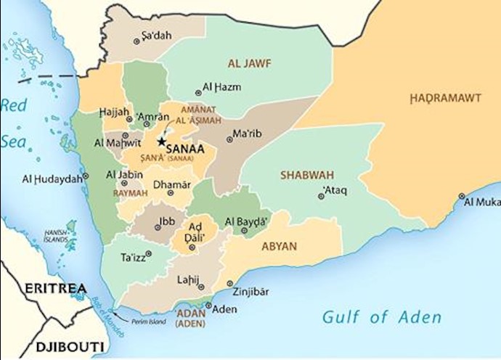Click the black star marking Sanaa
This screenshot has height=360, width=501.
point(161,142)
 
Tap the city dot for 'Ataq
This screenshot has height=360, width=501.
point(320,196)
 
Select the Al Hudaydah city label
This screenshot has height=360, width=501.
point(52,179)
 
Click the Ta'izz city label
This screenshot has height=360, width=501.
point(133,257)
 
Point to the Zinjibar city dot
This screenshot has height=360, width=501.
point(230,284)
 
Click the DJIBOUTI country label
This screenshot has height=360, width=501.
point(47,344)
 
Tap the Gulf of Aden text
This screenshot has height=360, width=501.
point(381,317)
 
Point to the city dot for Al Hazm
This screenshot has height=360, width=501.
point(199,93)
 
